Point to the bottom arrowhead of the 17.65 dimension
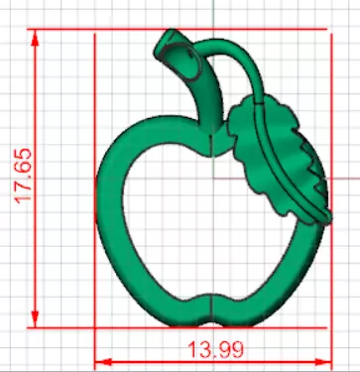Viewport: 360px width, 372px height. [x=36, y=318]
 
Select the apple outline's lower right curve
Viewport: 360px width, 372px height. [x=288, y=283]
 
